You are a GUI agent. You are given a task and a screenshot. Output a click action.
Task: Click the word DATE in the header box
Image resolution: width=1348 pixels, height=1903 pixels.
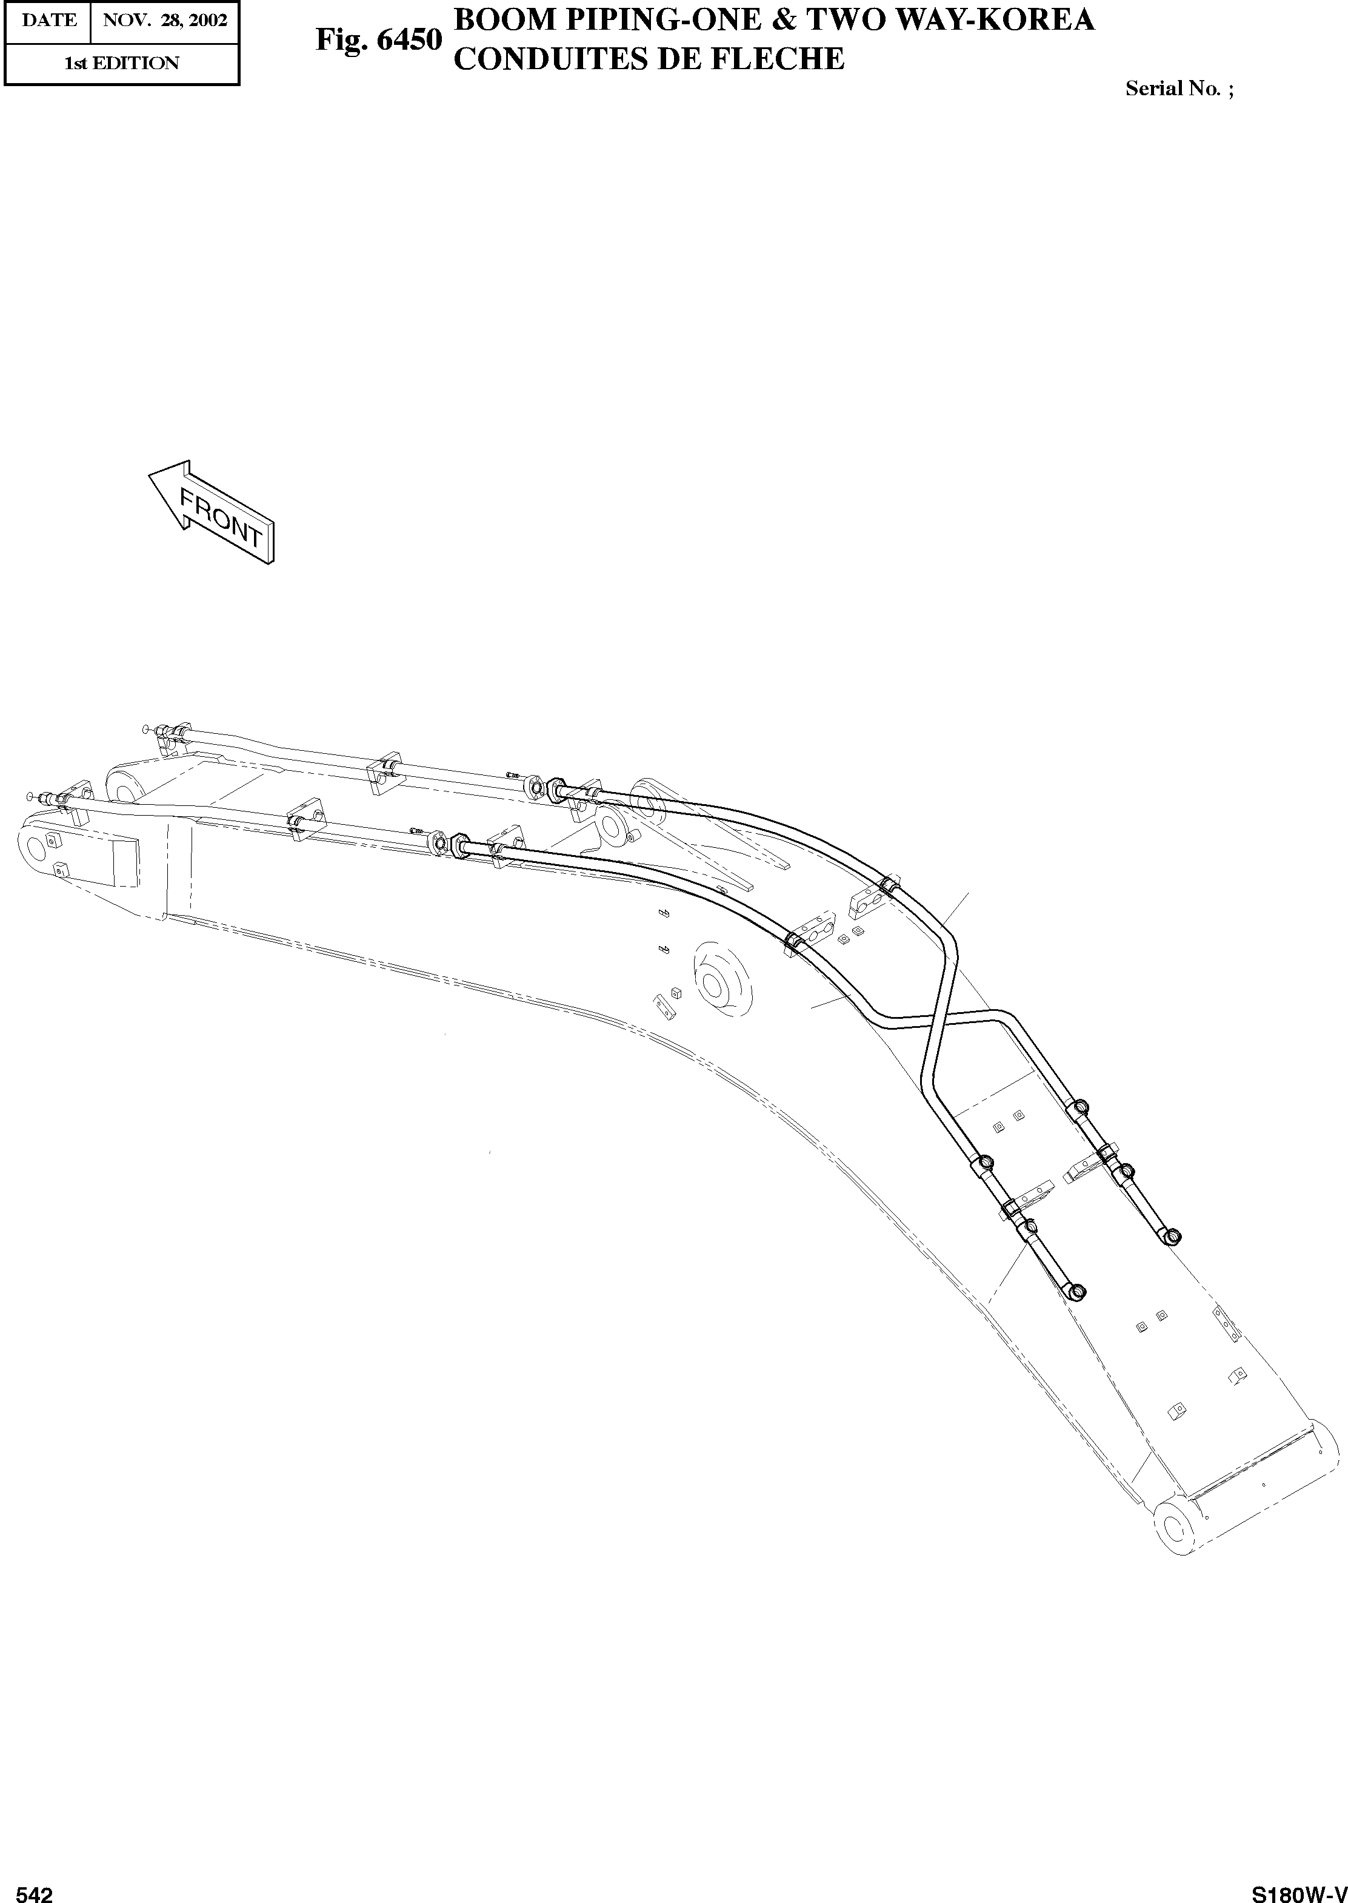tap(49, 20)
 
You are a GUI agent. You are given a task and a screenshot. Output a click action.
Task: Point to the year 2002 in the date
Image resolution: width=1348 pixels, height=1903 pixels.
tap(207, 20)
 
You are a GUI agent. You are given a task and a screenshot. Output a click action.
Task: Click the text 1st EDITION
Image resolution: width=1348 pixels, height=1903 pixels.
tap(122, 63)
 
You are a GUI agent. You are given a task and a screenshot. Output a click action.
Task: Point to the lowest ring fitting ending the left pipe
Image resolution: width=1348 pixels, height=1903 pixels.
tap(1078, 1291)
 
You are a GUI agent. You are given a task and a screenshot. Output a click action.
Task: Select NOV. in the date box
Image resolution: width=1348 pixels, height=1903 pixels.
tap(123, 20)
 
